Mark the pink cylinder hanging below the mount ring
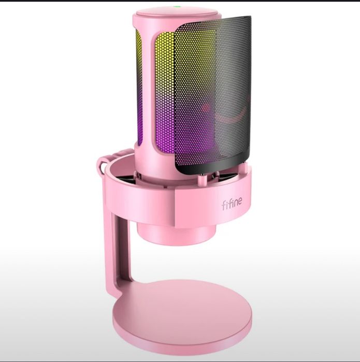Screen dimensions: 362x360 click(174, 230)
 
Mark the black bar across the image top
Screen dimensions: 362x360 click(180, 1)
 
